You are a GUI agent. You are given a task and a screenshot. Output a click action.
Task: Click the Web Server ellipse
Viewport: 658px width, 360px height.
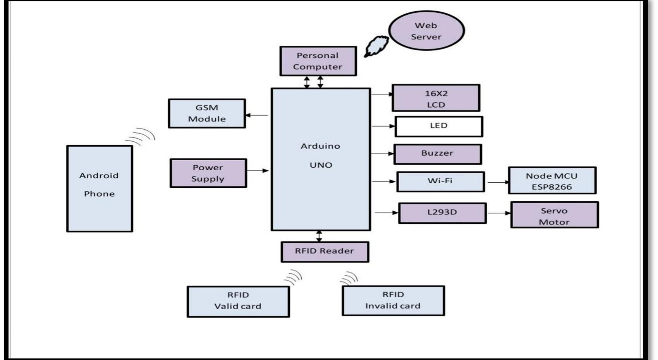tap(426, 31)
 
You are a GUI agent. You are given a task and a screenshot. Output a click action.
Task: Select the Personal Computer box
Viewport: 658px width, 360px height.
tap(318, 61)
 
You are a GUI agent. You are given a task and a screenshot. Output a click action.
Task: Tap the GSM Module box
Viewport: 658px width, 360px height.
tap(207, 113)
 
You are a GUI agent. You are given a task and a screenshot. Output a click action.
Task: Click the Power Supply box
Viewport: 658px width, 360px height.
tap(208, 173)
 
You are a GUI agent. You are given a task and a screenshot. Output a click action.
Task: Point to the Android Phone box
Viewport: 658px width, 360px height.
tap(100, 189)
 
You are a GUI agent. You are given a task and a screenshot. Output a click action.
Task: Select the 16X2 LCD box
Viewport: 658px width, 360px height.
tap(436, 98)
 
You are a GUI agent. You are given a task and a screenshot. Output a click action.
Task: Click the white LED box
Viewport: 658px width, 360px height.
tap(438, 126)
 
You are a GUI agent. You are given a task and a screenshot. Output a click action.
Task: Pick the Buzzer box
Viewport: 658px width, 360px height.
tap(438, 154)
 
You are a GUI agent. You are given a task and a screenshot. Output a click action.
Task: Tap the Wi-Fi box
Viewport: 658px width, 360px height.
tap(440, 182)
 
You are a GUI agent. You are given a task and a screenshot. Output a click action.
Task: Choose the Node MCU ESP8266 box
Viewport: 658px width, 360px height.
tap(552, 181)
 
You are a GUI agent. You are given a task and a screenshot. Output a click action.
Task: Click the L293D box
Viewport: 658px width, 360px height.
tap(442, 213)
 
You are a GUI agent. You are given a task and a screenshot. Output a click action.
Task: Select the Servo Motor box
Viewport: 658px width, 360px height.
tap(554, 215)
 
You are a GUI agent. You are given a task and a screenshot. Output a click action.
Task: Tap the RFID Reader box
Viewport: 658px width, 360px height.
tap(325, 252)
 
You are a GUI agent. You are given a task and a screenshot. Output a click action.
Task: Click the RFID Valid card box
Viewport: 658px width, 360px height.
tap(238, 301)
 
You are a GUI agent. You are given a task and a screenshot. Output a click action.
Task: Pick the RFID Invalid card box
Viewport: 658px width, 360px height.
tap(393, 301)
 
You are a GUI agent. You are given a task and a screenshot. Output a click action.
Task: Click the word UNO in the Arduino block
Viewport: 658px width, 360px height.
tap(321, 165)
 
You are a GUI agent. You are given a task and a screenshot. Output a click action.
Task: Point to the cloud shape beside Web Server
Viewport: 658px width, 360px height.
tap(376, 46)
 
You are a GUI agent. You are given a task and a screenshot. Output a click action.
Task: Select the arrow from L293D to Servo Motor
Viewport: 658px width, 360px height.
tap(499, 213)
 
